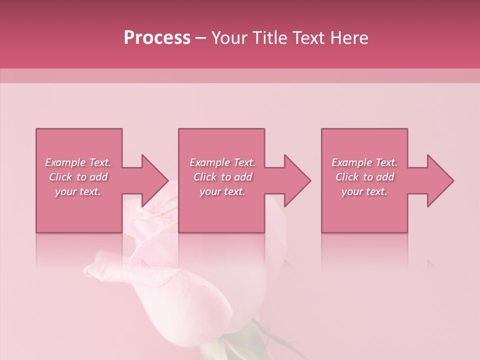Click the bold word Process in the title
click(x=157, y=38)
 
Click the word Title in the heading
click(x=269, y=38)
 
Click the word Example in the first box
click(x=65, y=162)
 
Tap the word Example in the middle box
click(x=209, y=162)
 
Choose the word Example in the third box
click(x=351, y=162)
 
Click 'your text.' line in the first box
click(x=78, y=191)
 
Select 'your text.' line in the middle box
click(x=222, y=191)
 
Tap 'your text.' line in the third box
click(x=364, y=191)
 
